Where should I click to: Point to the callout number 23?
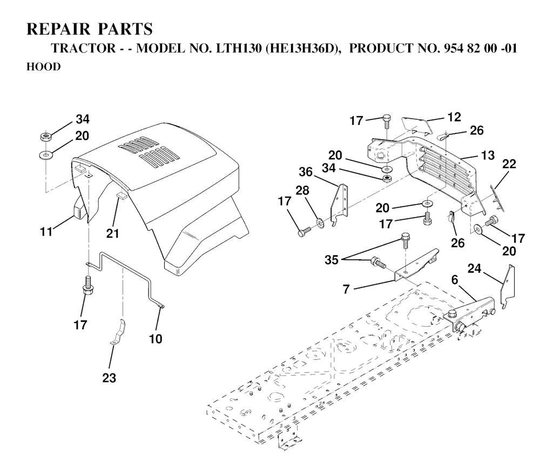coord(110,378)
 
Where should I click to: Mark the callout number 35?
coord(332,260)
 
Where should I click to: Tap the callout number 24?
coord(475,267)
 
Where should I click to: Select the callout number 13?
coord(488,156)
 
